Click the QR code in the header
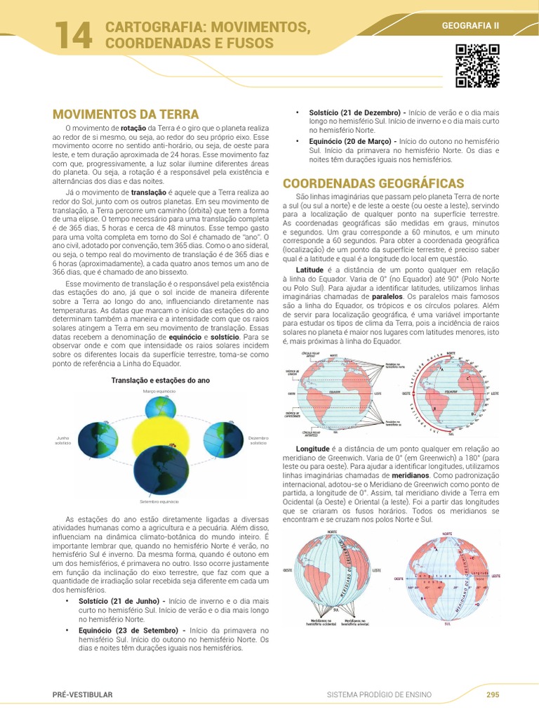pyautogui.click(x=477, y=66)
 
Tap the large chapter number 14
pyautogui.click(x=72, y=36)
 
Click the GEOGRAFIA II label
pyautogui.click(x=470, y=26)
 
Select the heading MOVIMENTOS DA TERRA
pyautogui.click(x=126, y=114)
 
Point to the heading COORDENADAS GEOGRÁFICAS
pyautogui.click(x=364, y=183)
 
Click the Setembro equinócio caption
pyautogui.click(x=159, y=502)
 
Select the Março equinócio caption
pyautogui.click(x=159, y=391)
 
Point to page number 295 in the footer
pyautogui.click(x=493, y=694)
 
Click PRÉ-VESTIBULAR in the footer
pyautogui.click(x=82, y=694)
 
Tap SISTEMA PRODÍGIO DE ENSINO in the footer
pyautogui.click(x=380, y=694)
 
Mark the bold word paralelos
pyautogui.click(x=387, y=296)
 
